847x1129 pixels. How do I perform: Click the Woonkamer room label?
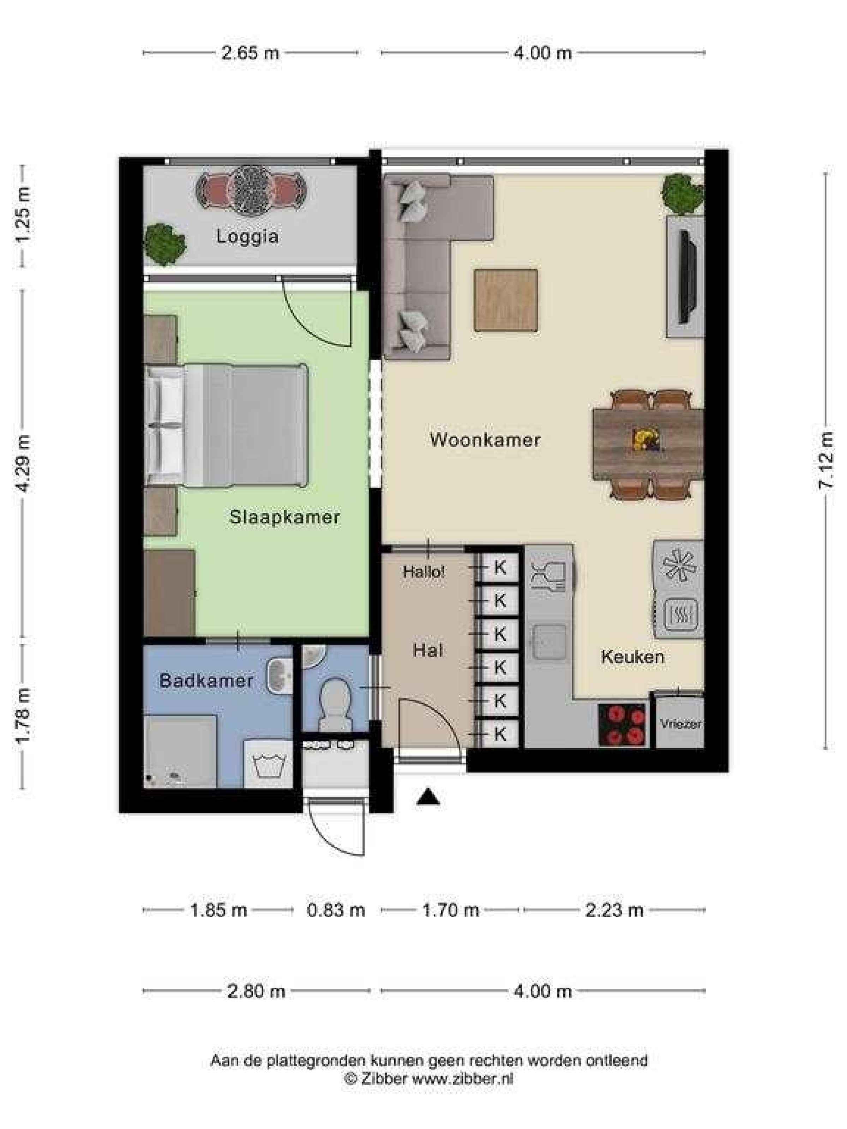coord(485,440)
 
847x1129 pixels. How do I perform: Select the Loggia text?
coord(247,236)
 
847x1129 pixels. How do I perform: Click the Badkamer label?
coord(206,680)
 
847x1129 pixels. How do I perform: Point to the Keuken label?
coord(632,656)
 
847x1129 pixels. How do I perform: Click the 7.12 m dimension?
coord(825,460)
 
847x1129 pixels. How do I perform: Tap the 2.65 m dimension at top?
coord(250,53)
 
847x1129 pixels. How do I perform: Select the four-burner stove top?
coord(622,725)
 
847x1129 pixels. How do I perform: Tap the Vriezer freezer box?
coord(679,724)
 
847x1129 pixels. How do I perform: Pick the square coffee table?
coord(505,301)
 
